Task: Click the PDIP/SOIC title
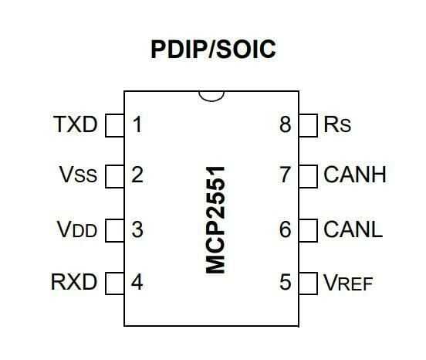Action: (213, 49)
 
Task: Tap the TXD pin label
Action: (76, 124)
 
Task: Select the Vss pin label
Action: (78, 175)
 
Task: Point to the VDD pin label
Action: (77, 229)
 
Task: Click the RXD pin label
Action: (74, 282)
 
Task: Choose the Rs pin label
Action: (337, 124)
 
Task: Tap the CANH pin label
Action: (355, 175)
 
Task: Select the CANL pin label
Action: (353, 229)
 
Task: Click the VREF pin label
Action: (348, 283)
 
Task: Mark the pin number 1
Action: (137, 124)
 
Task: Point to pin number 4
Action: (137, 282)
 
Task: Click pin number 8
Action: (286, 124)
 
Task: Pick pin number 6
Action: (286, 229)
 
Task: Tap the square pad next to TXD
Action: (115, 125)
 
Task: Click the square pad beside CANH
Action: (308, 176)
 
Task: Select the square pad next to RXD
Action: (115, 284)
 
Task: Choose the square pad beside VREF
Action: (308, 284)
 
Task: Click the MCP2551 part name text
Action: (215, 220)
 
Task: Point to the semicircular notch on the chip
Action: (211, 101)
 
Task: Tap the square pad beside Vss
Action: (115, 176)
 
